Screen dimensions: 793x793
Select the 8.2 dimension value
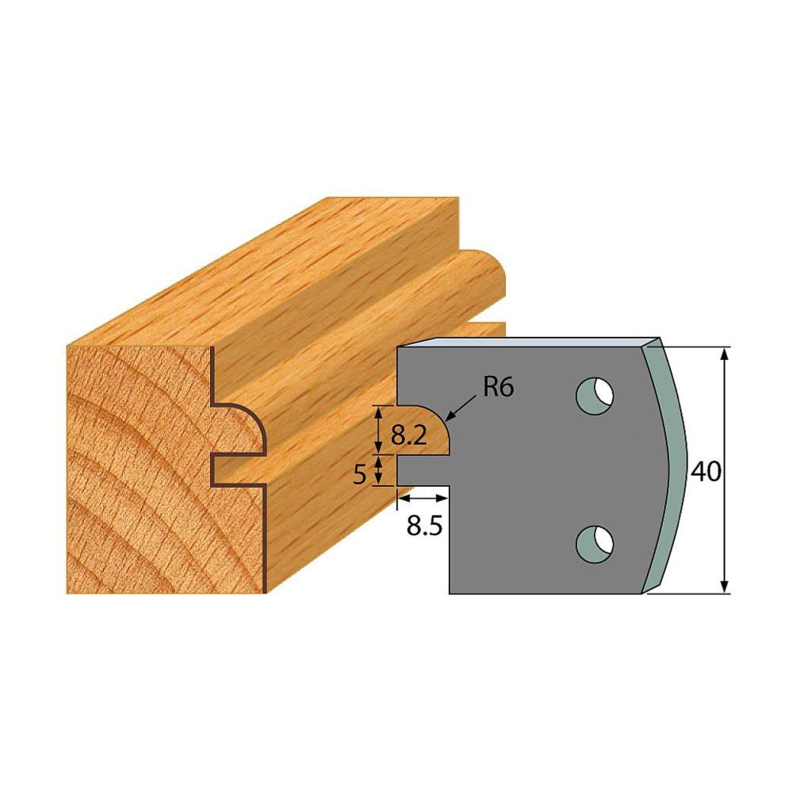click(x=410, y=435)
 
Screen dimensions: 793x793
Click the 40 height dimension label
click(x=704, y=472)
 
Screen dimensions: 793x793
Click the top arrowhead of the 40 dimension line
click(x=724, y=354)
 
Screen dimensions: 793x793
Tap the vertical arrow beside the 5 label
click(x=380, y=469)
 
